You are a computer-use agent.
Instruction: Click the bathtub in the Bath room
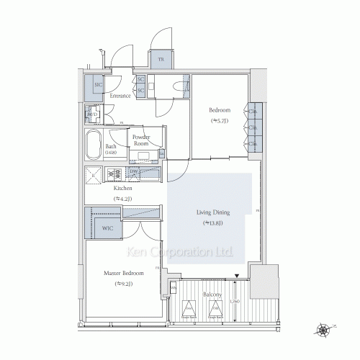tap(94, 147)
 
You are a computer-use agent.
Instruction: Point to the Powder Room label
tap(140, 140)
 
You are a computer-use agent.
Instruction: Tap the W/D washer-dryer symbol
tap(92, 115)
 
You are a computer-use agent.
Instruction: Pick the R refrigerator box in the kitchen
tap(94, 174)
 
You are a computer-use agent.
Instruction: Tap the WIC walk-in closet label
tap(107, 228)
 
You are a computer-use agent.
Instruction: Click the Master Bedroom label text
tap(123, 274)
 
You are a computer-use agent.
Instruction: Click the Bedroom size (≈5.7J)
tap(219, 121)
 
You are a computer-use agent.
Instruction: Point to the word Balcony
tap(212, 294)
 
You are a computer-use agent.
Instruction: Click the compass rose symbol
tap(325, 332)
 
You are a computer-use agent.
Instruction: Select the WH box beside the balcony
tap(174, 289)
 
